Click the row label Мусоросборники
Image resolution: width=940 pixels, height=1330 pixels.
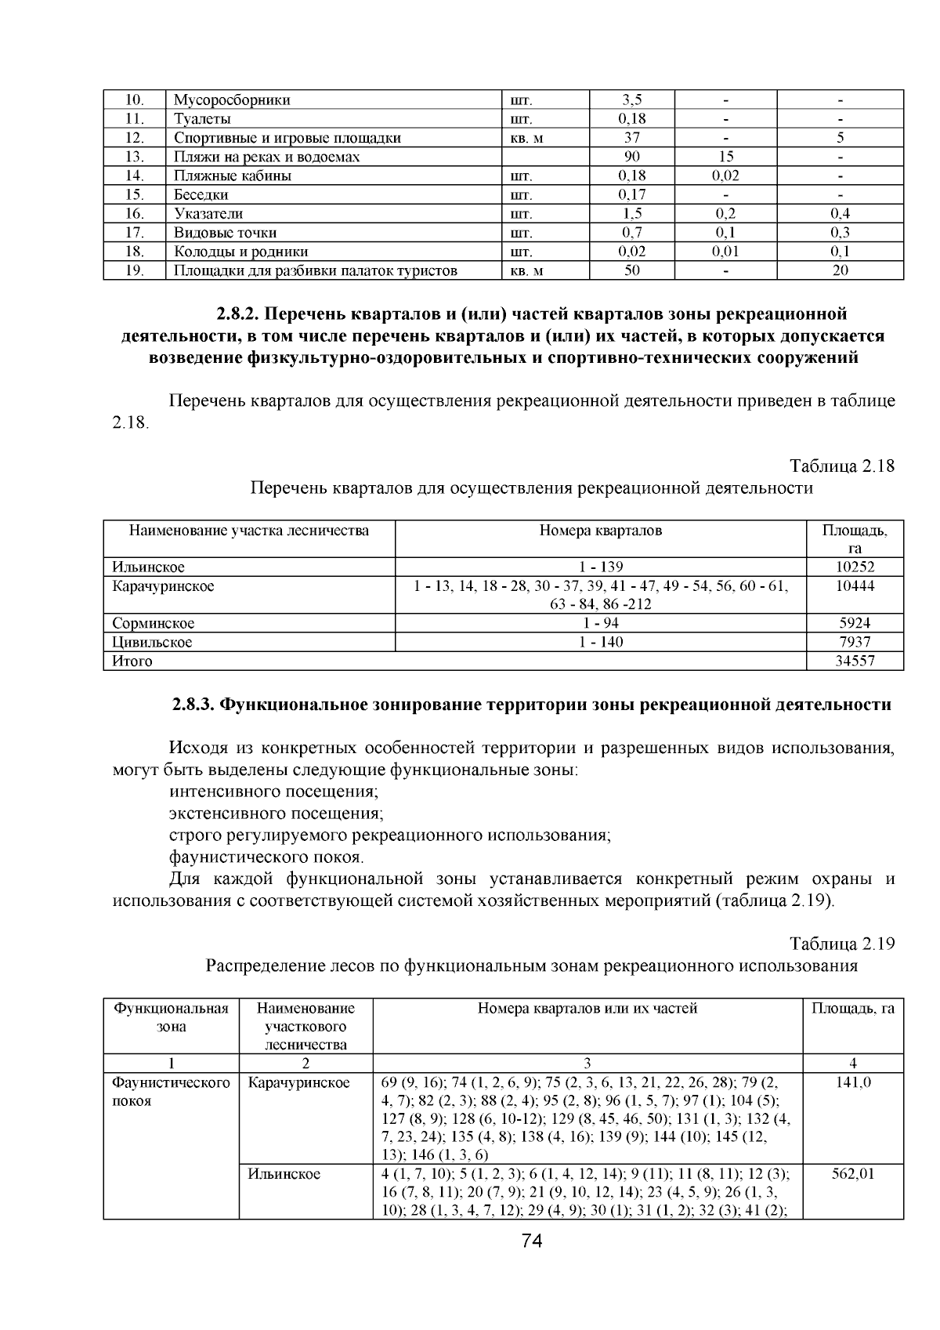click(232, 100)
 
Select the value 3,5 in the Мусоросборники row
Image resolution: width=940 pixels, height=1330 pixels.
click(631, 100)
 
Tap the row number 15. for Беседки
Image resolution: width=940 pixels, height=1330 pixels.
click(135, 194)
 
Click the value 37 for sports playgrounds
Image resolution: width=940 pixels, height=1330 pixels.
click(631, 138)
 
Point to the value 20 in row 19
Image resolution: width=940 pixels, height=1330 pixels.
click(840, 270)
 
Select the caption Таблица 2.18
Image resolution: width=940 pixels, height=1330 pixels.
click(842, 466)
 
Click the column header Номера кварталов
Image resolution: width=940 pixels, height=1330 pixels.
click(601, 531)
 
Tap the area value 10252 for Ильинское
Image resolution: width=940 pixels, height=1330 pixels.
click(855, 567)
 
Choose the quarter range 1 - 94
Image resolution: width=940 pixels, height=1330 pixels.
click(601, 623)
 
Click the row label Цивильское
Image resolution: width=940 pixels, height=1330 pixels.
click(151, 642)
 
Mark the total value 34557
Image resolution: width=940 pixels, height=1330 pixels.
click(855, 661)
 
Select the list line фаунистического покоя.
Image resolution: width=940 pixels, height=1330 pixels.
click(266, 857)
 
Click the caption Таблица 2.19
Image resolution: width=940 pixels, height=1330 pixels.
click(842, 944)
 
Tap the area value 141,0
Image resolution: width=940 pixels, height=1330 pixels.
click(853, 1082)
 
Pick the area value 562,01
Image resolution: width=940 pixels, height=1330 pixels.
click(853, 1174)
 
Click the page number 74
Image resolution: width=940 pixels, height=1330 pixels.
click(532, 1241)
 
